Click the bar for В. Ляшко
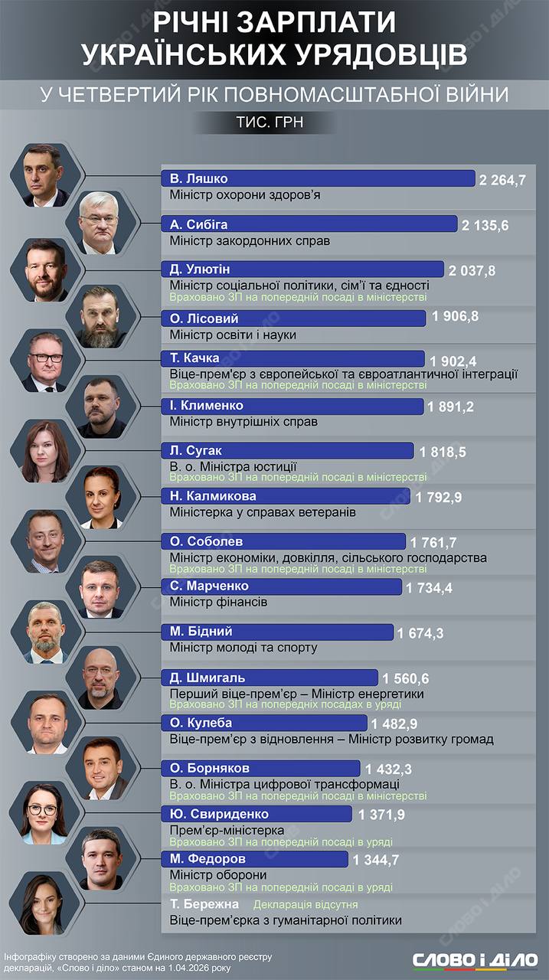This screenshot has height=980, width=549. point(318,178)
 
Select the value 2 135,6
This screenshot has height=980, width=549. point(485,225)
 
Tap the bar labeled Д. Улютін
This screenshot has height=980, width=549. point(302,269)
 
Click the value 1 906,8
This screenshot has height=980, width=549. point(456,315)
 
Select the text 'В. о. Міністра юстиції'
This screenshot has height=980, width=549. point(234,465)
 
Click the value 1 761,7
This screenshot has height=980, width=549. point(436,543)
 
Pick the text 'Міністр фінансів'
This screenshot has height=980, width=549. point(218,603)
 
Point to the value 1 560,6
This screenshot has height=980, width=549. point(406,678)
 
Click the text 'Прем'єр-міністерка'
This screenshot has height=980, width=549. point(227,830)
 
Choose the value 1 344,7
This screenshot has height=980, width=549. point(376,861)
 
